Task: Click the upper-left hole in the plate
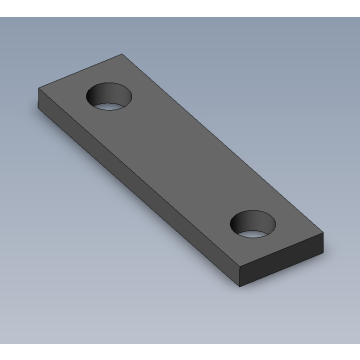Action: point(109,97)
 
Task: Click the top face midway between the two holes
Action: point(180,160)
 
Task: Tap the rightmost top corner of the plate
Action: point(324,236)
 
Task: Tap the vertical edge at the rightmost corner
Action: point(324,244)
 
